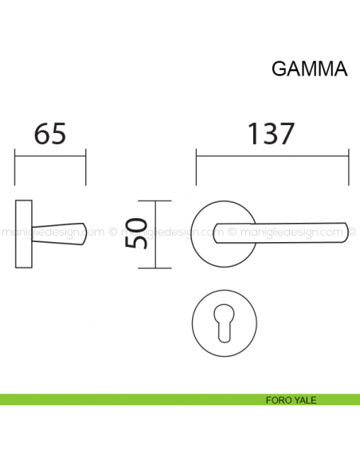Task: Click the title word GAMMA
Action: point(309,68)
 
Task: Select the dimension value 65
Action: point(49,134)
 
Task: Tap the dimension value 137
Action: point(272,134)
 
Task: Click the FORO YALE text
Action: point(291,400)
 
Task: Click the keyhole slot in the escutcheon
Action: point(224,325)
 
